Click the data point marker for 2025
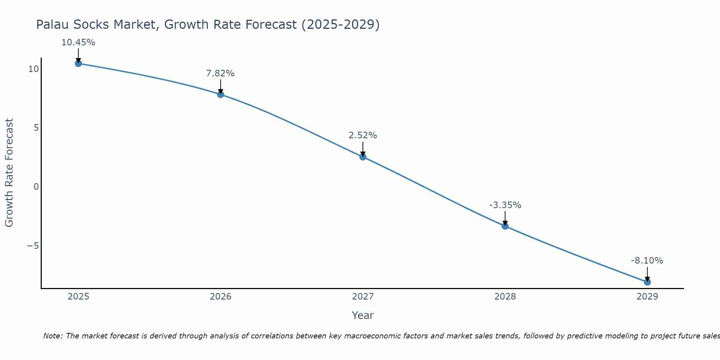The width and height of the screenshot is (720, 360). pos(78,64)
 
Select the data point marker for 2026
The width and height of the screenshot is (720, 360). pos(221,95)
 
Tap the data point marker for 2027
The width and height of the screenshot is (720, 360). pos(363,157)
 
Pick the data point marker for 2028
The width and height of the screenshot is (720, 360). pos(505,226)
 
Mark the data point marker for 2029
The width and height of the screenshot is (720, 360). pos(647,282)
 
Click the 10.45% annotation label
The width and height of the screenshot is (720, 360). pos(78,42)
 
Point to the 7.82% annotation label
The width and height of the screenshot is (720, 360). pos(220,73)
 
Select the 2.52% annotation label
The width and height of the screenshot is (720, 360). pos(363,135)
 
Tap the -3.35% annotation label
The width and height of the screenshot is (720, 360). pos(505,205)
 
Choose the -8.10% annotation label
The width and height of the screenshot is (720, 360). pos(647,261)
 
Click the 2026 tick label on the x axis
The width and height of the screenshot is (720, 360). pos(221,297)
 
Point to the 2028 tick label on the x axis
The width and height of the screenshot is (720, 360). pos(505,297)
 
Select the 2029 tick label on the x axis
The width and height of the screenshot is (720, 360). pos(647,297)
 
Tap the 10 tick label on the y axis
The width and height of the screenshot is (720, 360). pos(33,69)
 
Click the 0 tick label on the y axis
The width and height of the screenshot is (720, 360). pos(36,186)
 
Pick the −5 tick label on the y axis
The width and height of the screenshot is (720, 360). pos(33,246)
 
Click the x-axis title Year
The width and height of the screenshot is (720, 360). pos(363,315)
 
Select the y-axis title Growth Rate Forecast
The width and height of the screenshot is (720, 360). pos(9,172)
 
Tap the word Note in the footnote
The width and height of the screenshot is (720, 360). pos(53,336)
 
